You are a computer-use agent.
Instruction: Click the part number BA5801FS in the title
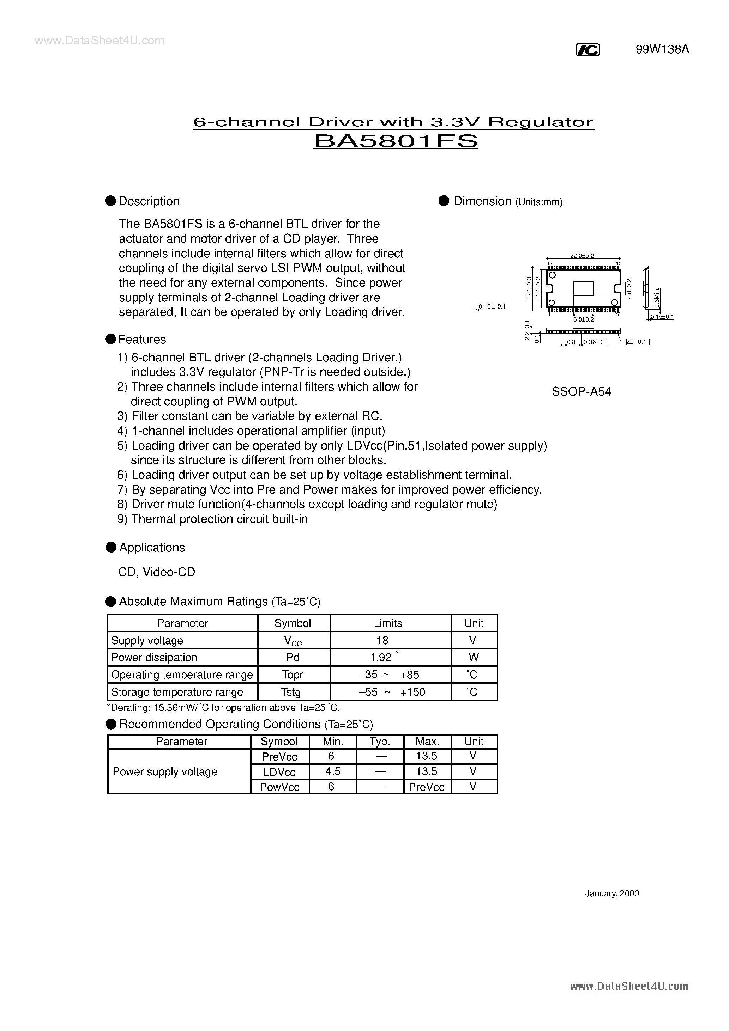point(396,141)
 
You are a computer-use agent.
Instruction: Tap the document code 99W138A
point(662,50)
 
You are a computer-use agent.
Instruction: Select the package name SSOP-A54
point(581,392)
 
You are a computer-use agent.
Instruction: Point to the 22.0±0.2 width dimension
point(582,256)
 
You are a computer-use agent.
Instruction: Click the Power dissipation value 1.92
point(381,657)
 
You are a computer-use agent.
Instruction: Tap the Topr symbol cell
point(293,675)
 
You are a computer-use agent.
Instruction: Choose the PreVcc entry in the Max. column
point(426,787)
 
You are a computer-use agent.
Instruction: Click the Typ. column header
point(380,742)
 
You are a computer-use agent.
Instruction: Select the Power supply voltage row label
point(165,771)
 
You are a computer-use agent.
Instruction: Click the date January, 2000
point(612,893)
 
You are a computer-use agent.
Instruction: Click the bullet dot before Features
point(110,340)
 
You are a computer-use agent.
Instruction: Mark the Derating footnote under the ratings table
point(223,708)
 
